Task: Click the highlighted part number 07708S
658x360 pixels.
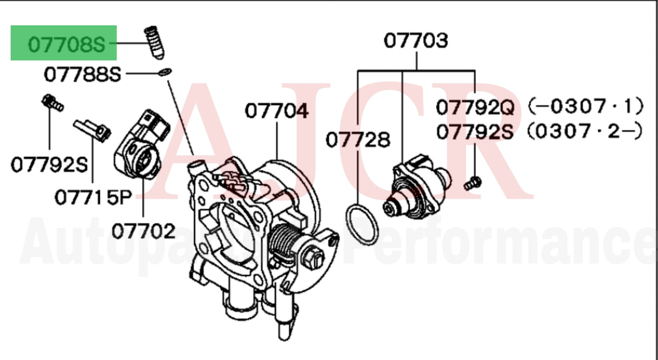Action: coord(66,44)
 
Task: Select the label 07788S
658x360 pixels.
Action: coord(82,74)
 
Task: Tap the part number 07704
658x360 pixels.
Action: coord(277,111)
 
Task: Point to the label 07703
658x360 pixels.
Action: coord(416,41)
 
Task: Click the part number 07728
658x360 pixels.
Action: coord(358,140)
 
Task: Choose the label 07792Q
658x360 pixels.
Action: coord(475,108)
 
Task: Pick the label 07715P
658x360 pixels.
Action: coord(93,197)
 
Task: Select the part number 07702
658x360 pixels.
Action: coord(143,231)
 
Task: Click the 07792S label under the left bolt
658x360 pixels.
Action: coord(49,165)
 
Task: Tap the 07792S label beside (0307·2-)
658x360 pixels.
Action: coord(475,132)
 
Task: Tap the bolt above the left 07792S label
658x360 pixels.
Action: coord(51,103)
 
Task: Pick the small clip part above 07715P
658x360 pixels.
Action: coord(93,129)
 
